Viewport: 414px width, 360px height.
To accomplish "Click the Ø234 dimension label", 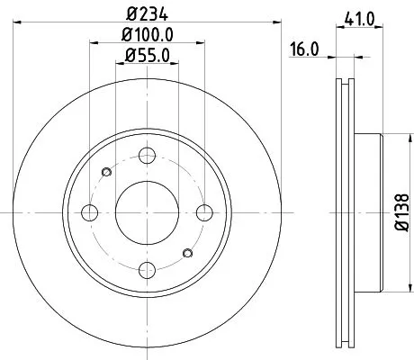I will point(148,13).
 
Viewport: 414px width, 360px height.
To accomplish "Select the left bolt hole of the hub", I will point(90,212).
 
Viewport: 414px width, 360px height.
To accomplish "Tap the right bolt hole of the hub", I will point(205,212).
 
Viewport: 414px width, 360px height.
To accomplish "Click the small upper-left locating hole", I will point(106,171).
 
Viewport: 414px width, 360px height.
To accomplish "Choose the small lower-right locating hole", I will point(188,254).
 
